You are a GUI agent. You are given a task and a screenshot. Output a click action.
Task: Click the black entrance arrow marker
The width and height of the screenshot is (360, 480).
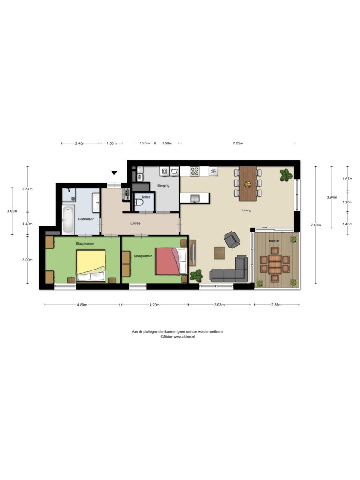pos(114,173)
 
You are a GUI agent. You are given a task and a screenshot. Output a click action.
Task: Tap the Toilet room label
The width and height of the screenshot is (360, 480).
pos(146,197)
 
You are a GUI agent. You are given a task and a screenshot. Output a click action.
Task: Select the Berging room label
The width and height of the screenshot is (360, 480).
pos(164,185)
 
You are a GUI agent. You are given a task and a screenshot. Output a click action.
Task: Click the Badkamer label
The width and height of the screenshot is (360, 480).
pos(86,219)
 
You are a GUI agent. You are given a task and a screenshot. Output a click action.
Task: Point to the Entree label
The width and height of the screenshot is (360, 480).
pos(135,223)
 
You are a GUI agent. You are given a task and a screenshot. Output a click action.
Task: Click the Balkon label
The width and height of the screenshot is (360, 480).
pos(274,241)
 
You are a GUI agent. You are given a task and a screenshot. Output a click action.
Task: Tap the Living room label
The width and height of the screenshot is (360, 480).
pos(247,210)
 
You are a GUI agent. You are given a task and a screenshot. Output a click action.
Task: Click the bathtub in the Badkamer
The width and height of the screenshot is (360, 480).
pos(68,219)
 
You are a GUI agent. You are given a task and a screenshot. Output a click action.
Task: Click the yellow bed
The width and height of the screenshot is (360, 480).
pos(91,266)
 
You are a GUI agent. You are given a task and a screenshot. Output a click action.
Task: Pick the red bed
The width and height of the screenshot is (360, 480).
pos(171,261)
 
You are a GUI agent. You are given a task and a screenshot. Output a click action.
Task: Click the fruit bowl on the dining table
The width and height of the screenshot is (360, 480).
pos(247,184)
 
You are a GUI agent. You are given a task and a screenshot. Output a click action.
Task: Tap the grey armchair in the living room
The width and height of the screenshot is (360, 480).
pos(232,239)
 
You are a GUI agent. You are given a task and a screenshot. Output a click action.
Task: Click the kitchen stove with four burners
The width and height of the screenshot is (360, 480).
pos(195,171)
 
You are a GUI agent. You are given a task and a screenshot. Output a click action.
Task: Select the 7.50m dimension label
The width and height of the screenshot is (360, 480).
pos(315,225)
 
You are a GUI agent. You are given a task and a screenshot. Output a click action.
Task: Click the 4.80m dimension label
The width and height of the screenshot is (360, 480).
pos(82,305)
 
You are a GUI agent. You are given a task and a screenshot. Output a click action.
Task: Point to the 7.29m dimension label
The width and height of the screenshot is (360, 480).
pos(238,143)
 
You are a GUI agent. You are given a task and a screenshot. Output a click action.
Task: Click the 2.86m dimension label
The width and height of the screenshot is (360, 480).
pos(276,305)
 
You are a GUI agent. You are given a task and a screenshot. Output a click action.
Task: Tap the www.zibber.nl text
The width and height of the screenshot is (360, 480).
pos(184,336)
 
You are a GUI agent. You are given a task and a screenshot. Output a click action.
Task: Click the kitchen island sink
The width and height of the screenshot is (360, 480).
pos(195,198)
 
